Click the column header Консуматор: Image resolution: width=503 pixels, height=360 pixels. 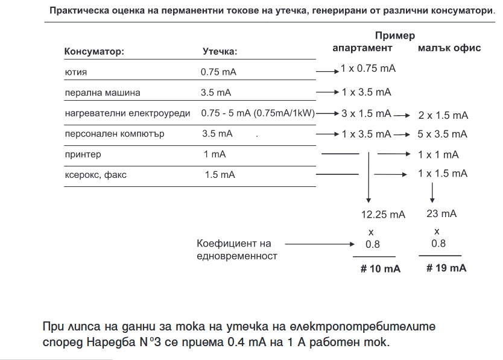click(94, 51)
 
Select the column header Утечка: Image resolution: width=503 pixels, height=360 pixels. click(220, 51)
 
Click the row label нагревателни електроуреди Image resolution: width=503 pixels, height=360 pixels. click(127, 113)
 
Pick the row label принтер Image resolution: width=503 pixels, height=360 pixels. click(83, 154)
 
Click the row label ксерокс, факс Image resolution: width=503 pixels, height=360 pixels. click(96, 175)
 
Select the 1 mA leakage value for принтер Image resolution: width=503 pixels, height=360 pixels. click(215, 154)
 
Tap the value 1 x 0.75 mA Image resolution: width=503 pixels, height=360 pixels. click(368, 68)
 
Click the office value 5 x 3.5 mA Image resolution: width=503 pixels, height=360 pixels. click(443, 134)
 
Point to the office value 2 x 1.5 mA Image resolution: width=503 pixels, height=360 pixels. click(443, 115)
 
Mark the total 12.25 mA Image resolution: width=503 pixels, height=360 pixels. click(383, 214)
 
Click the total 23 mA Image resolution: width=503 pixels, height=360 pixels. click(441, 213)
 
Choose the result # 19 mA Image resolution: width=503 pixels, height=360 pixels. click(446, 268)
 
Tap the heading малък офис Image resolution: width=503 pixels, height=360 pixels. click(449, 48)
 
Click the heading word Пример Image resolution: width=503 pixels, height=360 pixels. click(394, 36)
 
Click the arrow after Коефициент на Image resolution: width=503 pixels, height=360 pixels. click(319, 244)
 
